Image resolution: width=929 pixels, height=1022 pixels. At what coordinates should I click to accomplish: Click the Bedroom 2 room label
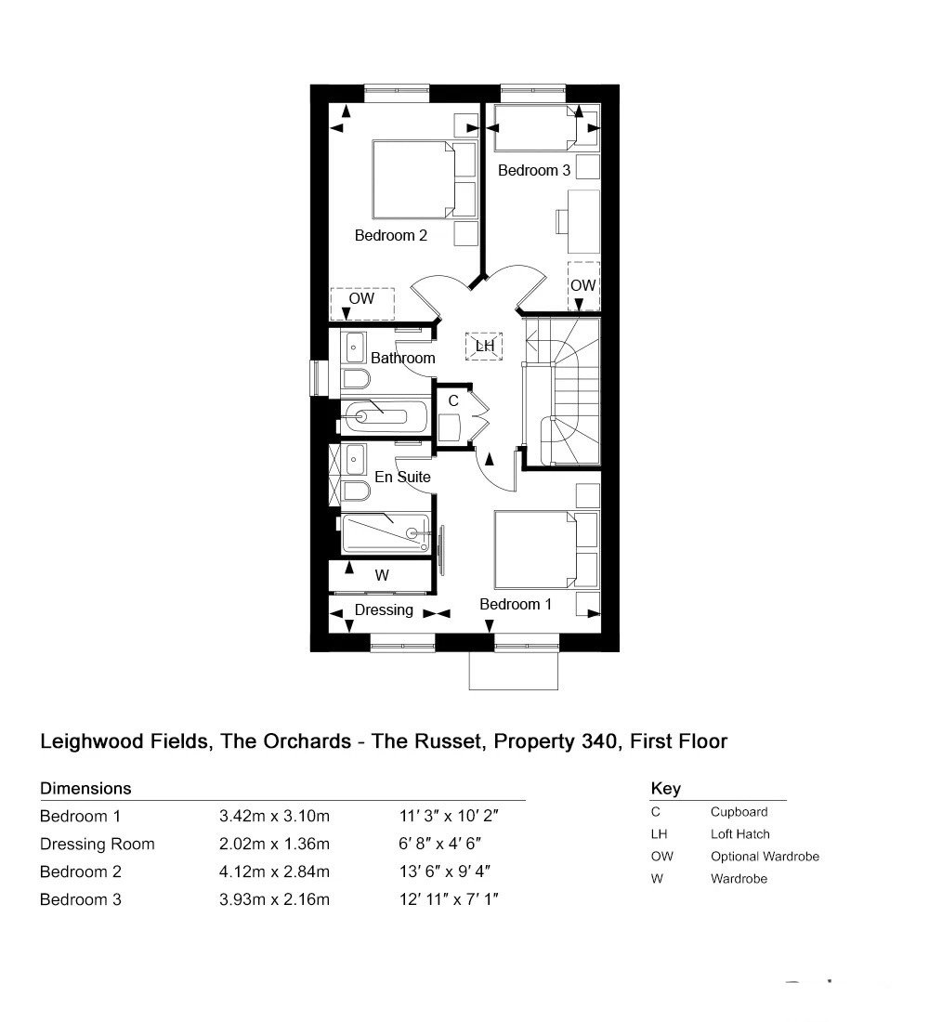tap(390, 235)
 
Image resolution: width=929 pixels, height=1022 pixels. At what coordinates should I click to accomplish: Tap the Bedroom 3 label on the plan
tap(534, 170)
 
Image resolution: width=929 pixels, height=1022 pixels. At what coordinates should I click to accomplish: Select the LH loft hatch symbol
tap(484, 347)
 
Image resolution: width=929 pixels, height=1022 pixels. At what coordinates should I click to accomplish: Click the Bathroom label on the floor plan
tap(403, 358)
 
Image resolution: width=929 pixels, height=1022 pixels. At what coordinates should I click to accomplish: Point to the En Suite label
tap(402, 478)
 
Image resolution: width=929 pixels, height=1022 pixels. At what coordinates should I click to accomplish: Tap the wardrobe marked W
tap(382, 575)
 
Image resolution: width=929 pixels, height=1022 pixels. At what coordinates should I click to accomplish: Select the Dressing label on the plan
tap(384, 610)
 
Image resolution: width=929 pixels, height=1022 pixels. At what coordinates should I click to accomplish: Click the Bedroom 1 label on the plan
tap(516, 604)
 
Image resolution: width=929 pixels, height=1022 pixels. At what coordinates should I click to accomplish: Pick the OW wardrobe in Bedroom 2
tap(361, 304)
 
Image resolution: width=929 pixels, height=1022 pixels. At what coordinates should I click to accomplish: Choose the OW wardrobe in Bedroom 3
tap(583, 285)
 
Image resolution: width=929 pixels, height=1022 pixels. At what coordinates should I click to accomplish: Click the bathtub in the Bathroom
tap(385, 416)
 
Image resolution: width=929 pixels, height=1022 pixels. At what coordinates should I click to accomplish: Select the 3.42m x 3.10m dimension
tap(274, 816)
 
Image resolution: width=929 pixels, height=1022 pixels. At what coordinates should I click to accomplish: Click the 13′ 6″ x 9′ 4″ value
tap(445, 871)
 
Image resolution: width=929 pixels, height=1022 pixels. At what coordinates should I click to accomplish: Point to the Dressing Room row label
tap(98, 844)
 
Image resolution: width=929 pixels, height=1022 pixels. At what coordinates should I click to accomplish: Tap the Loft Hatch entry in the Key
tap(739, 834)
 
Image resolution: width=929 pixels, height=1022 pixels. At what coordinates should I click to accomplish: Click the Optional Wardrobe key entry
tap(765, 857)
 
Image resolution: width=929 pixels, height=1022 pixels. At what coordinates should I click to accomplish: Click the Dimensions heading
tap(85, 789)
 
